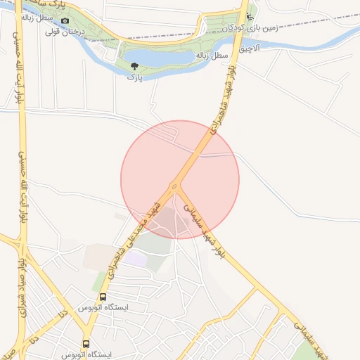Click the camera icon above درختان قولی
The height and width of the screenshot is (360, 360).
coord(65,20)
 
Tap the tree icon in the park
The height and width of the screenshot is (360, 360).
coord(134,66)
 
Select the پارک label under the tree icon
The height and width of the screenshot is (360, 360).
coord(134,77)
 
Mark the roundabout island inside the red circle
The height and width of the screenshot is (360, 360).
coord(173,187)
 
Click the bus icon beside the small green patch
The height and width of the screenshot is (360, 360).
coord(103,297)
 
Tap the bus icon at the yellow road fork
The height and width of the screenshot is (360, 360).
coord(86,344)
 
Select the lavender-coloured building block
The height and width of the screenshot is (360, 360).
coord(136,259)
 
